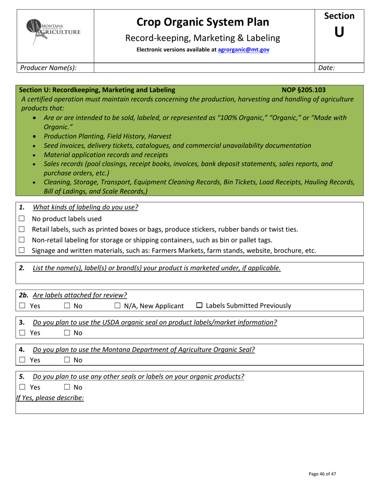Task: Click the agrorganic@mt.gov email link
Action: (x=243, y=50)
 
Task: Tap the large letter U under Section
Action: (x=339, y=33)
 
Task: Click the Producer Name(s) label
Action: (x=48, y=68)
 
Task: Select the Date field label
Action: (x=326, y=68)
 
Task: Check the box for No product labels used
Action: (x=22, y=219)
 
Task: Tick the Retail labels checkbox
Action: (x=22, y=229)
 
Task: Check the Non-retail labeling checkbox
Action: (x=22, y=240)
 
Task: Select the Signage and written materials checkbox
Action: (x=22, y=251)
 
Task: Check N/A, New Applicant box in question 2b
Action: (x=118, y=306)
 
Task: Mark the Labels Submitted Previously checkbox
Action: (x=199, y=306)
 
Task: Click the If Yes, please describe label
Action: (x=50, y=398)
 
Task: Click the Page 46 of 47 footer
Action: (x=322, y=474)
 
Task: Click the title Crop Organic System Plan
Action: (x=203, y=22)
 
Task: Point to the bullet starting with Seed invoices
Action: (x=177, y=145)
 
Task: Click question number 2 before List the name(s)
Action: (x=22, y=268)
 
